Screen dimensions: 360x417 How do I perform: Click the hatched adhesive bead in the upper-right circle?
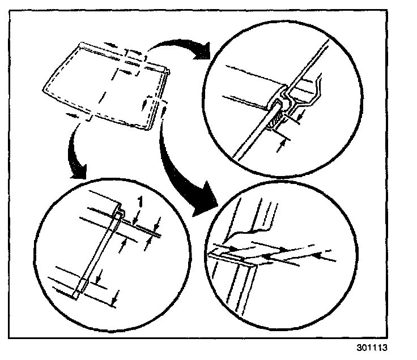[x=276, y=120]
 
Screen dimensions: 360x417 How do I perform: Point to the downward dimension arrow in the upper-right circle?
[x=300, y=113]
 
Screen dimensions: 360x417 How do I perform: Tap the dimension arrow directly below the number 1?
[x=136, y=218]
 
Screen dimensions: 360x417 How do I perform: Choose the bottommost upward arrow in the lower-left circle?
[x=115, y=294]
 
